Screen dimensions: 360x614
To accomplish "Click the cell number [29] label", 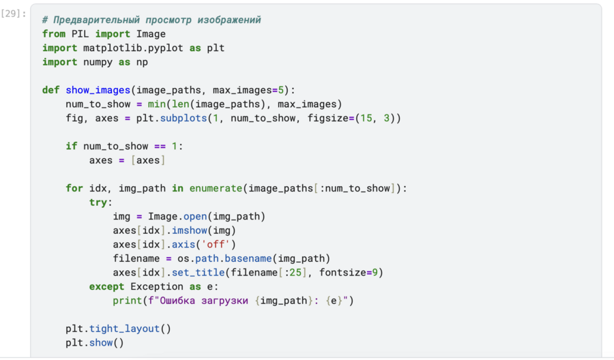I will pos(14,13).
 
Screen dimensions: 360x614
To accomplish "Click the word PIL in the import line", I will pos(81,34).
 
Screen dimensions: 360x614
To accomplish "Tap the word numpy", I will pos(98,62).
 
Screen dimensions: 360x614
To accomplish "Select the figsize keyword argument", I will pos(317,118).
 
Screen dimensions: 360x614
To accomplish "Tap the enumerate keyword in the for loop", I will pos(216,188).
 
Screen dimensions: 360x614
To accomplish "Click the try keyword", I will pos(98,202).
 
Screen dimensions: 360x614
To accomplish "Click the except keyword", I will pos(106,286).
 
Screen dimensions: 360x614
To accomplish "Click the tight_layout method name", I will pos(130,329).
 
